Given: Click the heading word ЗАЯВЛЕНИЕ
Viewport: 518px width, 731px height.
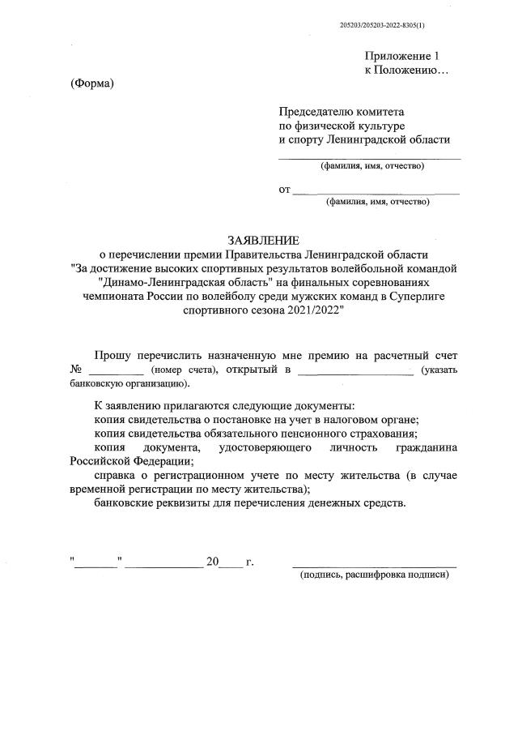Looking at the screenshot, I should pyautogui.click(x=263, y=240).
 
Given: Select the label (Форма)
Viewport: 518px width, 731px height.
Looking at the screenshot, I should pyautogui.click(x=91, y=84).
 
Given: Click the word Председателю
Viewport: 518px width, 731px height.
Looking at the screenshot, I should pyautogui.click(x=318, y=111).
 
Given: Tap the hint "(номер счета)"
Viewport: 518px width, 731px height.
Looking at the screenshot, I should pyautogui.click(x=184, y=370).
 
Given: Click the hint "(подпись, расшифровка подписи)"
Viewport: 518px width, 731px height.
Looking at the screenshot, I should pyautogui.click(x=373, y=575).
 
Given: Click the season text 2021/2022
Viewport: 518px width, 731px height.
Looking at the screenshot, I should pyautogui.click(x=312, y=313).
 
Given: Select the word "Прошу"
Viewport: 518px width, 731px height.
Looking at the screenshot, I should pyautogui.click(x=113, y=355).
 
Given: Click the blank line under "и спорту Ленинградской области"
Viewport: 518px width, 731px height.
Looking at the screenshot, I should pyautogui.click(x=370, y=157).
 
